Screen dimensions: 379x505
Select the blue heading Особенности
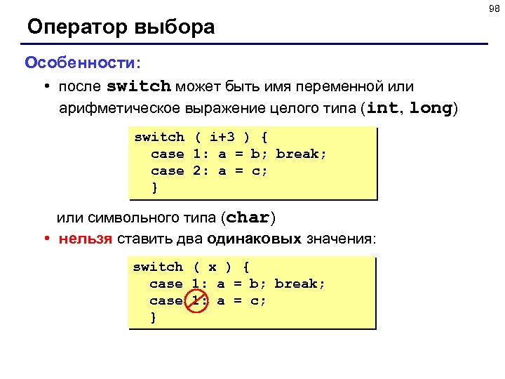coord(81,62)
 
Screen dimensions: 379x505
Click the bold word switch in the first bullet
coord(138,87)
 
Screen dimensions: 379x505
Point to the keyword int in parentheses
coord(382,109)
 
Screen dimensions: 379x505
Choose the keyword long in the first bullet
coord(431,109)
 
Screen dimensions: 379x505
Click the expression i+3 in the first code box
coord(222,137)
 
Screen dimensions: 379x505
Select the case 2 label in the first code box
coord(176,171)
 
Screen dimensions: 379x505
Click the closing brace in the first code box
coord(155,187)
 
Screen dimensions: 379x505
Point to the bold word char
coord(249,218)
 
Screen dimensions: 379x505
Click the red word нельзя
coord(86,239)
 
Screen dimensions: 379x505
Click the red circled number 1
coord(196,300)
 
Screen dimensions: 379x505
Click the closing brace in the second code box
coord(154,317)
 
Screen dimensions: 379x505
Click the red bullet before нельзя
coord(46,239)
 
